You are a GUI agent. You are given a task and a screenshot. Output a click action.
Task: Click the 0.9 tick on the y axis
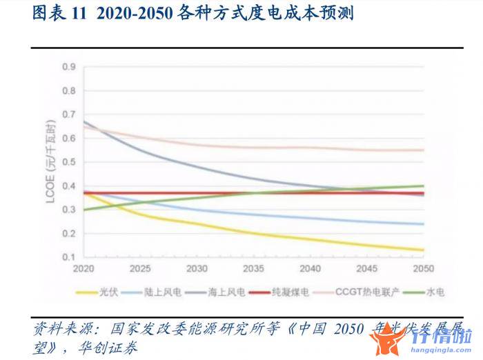[x=68, y=67]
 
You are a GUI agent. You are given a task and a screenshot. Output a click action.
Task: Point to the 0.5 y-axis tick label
[x=68, y=162]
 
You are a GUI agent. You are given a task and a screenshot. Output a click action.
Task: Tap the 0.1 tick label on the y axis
[x=68, y=257]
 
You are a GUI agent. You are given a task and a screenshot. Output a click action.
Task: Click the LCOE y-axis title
[x=49, y=161]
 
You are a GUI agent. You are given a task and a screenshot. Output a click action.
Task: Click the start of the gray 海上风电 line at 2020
[x=83, y=121]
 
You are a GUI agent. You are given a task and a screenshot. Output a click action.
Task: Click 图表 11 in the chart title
[x=57, y=14]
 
